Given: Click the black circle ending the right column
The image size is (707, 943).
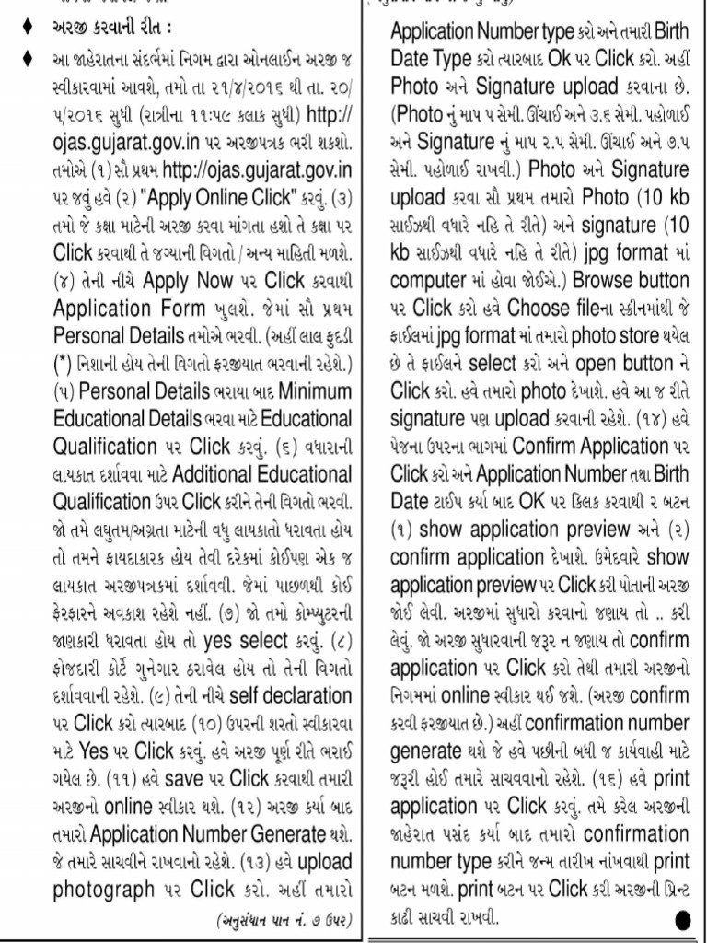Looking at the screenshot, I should (x=682, y=918).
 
